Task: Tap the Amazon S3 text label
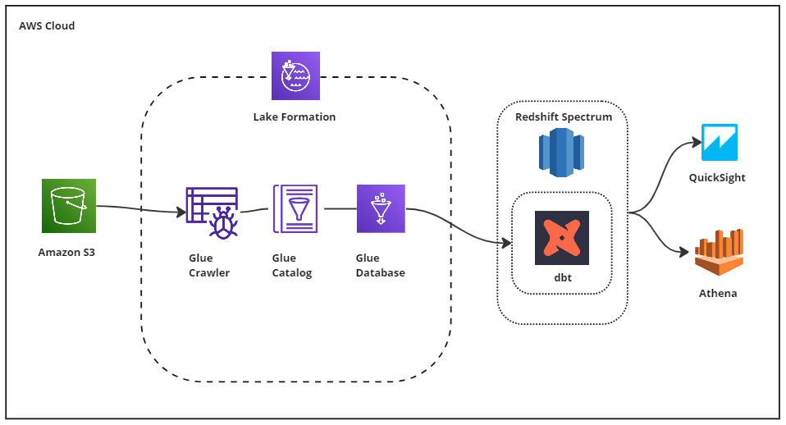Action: [66, 252]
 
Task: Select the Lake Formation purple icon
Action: [295, 76]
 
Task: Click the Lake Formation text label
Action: [295, 117]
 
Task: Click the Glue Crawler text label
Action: [209, 266]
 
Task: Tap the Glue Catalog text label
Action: [292, 266]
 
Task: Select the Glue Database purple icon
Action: [381, 208]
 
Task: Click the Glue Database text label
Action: [381, 266]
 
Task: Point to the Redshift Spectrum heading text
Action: [564, 117]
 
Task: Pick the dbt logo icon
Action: [562, 238]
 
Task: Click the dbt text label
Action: [562, 278]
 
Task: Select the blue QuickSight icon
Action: [720, 143]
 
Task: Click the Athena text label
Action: [718, 293]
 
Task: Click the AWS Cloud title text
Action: [47, 26]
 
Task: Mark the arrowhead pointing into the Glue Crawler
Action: [181, 213]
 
